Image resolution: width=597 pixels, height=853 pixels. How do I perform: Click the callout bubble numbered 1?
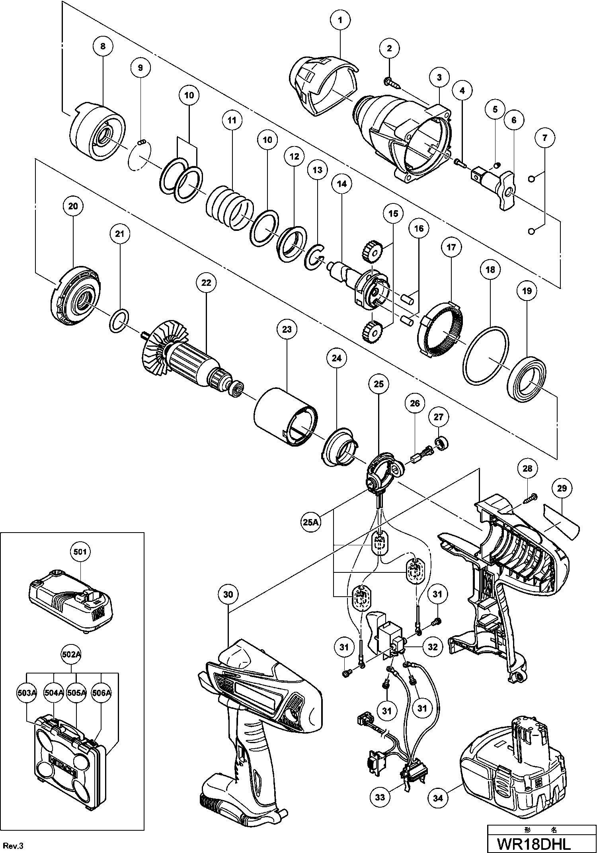pyautogui.click(x=340, y=20)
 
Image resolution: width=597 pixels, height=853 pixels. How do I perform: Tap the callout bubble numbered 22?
pyautogui.click(x=206, y=283)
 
